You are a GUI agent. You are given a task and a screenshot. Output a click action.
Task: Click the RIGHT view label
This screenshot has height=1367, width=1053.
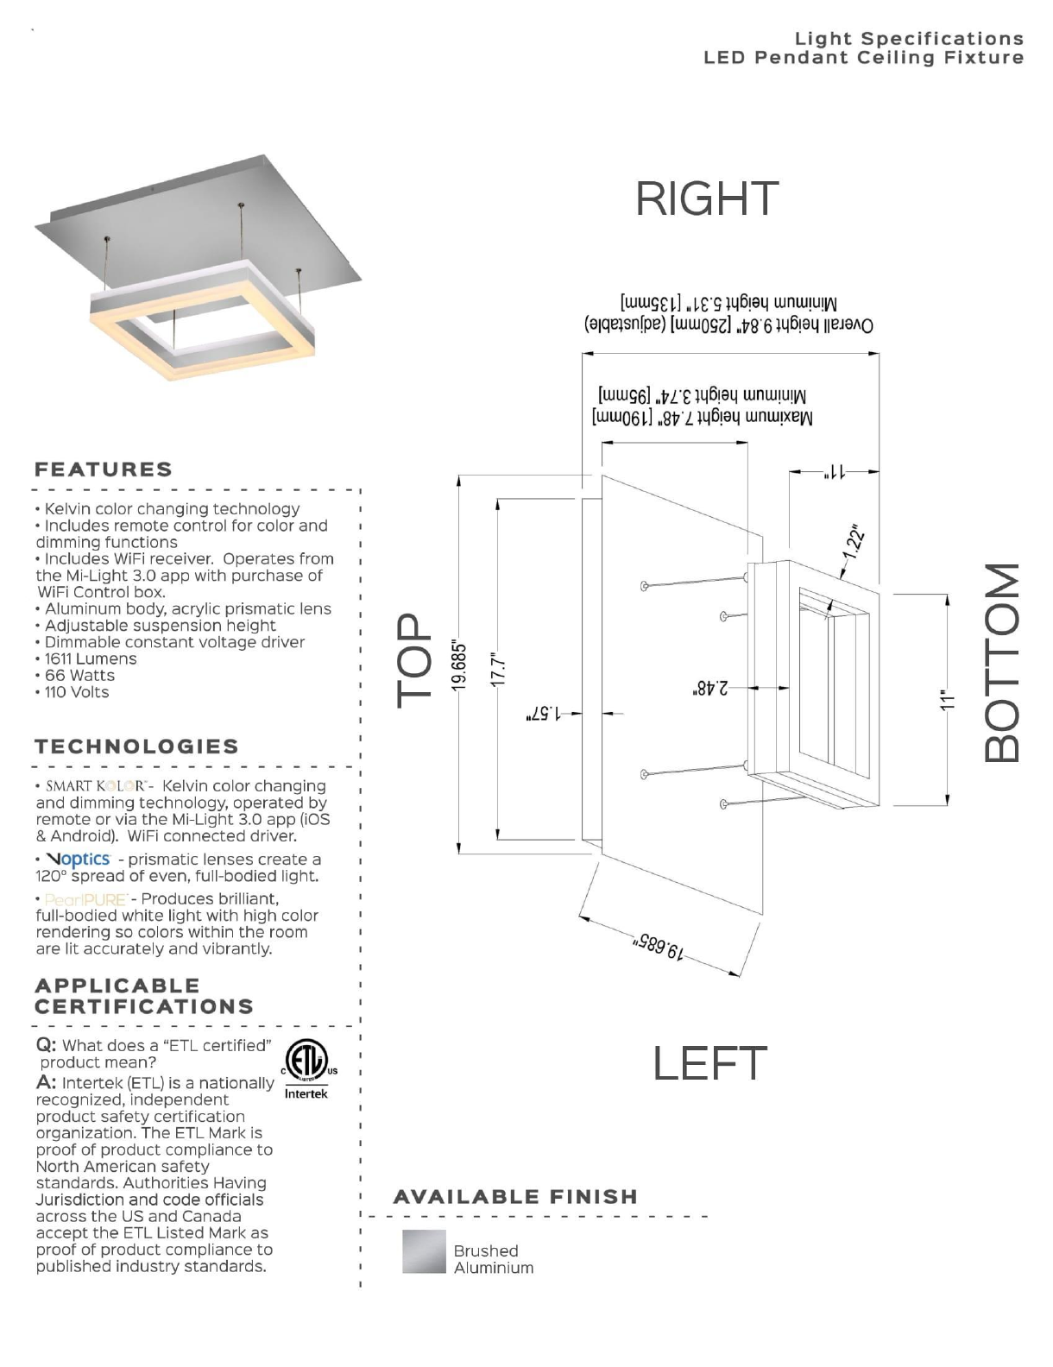tap(706, 198)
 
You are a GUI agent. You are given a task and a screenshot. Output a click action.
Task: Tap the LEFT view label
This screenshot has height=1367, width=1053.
tap(709, 1062)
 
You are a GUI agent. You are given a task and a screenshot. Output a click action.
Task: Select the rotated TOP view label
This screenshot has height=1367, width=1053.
tap(416, 660)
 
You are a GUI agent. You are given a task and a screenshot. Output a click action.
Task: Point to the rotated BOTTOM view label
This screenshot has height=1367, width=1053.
tap(1001, 663)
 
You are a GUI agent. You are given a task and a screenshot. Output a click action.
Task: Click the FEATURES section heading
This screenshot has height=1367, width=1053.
tap(104, 469)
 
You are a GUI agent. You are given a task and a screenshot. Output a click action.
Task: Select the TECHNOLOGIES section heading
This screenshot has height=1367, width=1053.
tap(136, 746)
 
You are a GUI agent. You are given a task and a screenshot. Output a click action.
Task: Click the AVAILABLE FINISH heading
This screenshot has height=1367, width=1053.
tap(515, 1196)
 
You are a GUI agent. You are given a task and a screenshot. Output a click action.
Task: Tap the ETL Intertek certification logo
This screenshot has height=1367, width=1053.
tap(307, 1068)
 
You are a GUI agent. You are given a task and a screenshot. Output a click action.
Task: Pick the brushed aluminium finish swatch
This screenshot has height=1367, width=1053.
tap(424, 1251)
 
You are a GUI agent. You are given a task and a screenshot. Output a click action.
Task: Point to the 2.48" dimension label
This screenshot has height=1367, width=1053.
tap(712, 688)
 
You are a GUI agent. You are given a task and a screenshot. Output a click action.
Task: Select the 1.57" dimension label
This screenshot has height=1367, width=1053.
tap(544, 714)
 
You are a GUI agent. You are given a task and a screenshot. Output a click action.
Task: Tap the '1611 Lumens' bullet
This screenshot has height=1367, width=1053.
tap(86, 658)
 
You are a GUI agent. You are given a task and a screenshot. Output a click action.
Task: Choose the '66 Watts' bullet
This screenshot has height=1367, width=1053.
tap(75, 675)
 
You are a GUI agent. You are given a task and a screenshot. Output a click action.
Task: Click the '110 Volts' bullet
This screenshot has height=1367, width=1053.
tap(73, 692)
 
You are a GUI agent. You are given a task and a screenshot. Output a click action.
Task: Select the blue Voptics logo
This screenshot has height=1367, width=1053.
tap(79, 860)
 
